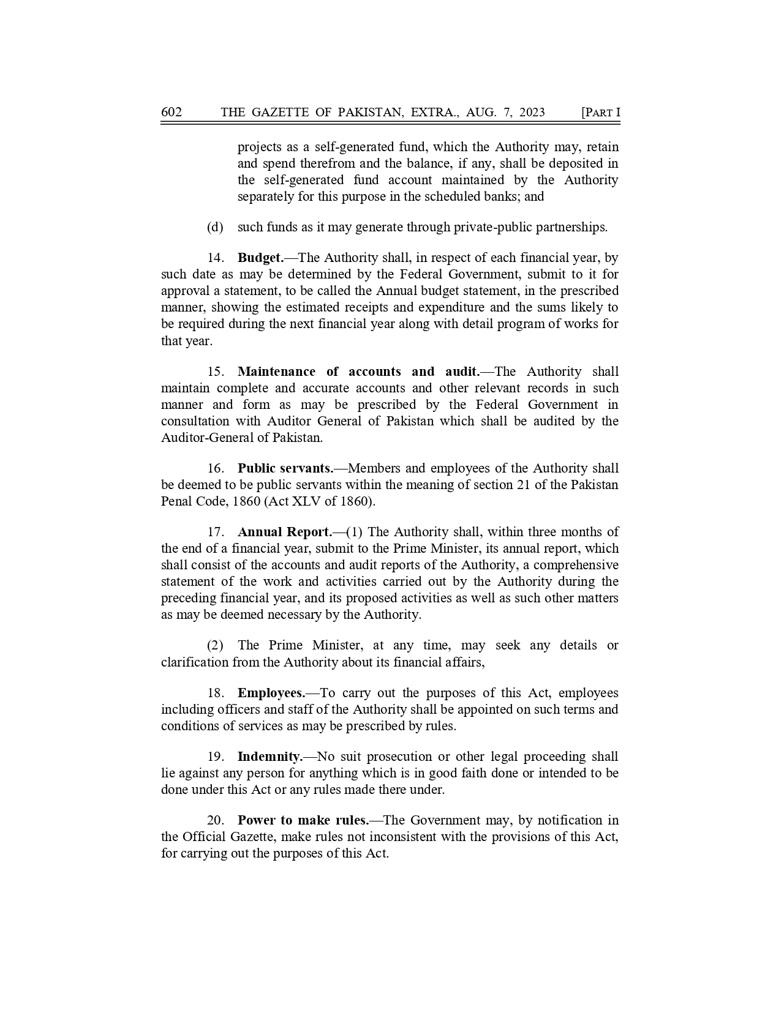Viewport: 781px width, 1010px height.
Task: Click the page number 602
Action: [x=172, y=112]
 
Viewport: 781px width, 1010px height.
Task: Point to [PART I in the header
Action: [x=600, y=112]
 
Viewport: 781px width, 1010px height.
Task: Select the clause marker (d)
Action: [x=215, y=227]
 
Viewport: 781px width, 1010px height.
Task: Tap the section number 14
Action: [x=215, y=258]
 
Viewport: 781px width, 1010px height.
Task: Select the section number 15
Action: [x=215, y=372]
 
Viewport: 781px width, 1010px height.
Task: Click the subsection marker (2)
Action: [x=215, y=646]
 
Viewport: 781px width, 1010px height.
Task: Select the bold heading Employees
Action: [x=271, y=694]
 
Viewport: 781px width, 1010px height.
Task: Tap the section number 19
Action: [x=215, y=757]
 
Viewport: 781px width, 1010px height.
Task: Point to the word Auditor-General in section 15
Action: [x=203, y=438]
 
